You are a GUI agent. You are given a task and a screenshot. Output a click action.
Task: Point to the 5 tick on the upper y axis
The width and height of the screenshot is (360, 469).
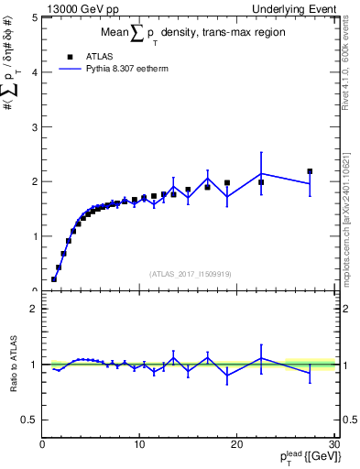[x=35, y=17]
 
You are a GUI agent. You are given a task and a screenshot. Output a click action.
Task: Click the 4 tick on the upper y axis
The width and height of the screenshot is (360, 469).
[x=35, y=72]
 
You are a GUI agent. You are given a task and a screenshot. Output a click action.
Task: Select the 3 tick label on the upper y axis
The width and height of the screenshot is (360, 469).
[x=35, y=126]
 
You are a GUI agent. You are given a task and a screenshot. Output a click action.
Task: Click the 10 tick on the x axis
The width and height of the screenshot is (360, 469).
[x=138, y=444]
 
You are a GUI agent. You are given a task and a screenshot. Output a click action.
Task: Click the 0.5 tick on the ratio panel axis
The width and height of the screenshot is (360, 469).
[x=30, y=420]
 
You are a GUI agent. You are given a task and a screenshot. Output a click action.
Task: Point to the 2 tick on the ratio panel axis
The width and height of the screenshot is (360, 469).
[x=35, y=310]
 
